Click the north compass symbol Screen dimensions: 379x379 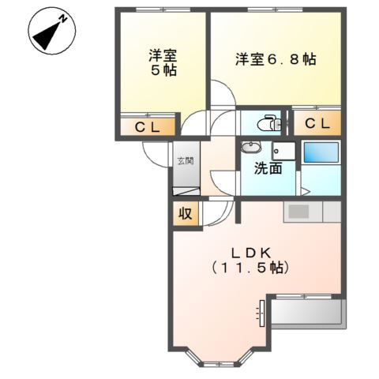[x=51, y=32]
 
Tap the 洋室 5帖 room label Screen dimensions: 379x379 [x=163, y=62]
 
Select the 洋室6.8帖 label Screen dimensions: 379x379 [x=276, y=59]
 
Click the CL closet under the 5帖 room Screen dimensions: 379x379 [x=147, y=126]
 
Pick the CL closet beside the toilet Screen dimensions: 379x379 [x=317, y=122]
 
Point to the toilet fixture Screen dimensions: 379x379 [x=269, y=122]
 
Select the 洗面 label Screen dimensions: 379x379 [x=268, y=168]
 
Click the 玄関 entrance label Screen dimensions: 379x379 [x=183, y=161]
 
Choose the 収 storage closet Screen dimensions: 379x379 [x=185, y=213]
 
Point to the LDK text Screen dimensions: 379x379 [x=251, y=253]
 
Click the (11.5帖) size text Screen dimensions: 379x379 [x=251, y=268]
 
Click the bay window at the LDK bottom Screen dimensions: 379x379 [x=219, y=360]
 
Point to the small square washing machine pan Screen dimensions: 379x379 [x=283, y=151]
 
